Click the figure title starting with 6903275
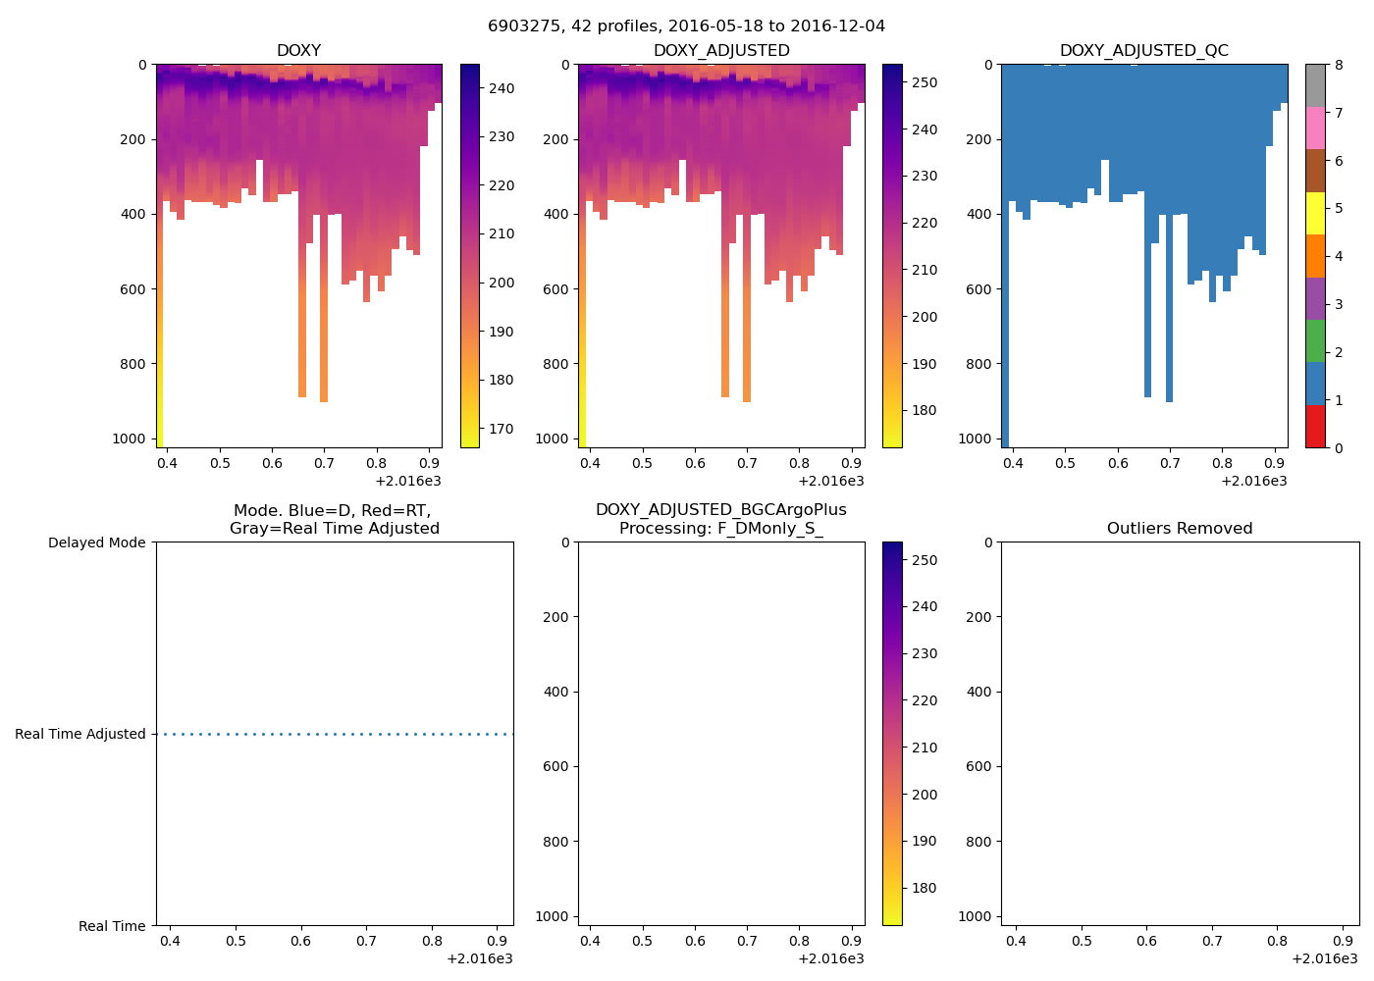(x=686, y=26)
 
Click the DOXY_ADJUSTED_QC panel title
(x=1143, y=50)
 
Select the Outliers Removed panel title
(x=1179, y=528)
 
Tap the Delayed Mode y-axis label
(x=96, y=542)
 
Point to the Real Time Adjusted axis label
(x=79, y=734)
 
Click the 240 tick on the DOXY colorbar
(x=502, y=88)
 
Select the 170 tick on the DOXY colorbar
(x=502, y=429)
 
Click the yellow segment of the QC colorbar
(x=1315, y=213)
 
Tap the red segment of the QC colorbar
(x=1315, y=427)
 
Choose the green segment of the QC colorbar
(x=1315, y=340)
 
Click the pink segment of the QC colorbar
(x=1315, y=128)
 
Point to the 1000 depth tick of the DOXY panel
(x=130, y=439)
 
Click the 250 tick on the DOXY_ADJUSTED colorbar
(x=924, y=82)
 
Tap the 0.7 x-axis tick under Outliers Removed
(x=1212, y=941)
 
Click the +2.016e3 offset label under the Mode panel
(x=479, y=958)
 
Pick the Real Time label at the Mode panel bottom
(x=112, y=926)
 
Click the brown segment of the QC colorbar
(x=1315, y=171)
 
